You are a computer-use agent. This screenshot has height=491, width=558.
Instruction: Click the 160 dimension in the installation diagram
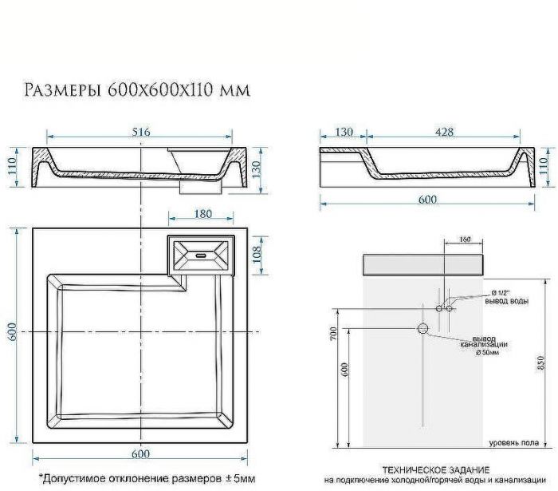click(466, 239)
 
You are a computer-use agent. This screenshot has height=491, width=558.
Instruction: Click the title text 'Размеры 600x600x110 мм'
click(137, 89)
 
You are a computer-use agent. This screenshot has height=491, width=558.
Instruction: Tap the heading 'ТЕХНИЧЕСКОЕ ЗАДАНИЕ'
click(435, 470)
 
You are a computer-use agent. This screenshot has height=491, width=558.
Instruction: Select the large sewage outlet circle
click(423, 328)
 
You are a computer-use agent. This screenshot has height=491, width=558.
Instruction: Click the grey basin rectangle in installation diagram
click(422, 265)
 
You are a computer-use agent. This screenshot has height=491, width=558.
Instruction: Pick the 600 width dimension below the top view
click(140, 453)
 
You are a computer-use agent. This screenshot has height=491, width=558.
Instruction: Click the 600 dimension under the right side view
click(427, 200)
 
